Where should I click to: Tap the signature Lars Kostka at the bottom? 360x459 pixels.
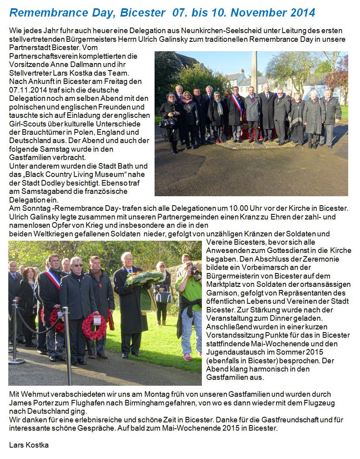28,445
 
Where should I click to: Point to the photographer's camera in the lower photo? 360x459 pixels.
194,271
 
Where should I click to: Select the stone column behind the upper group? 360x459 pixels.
254,71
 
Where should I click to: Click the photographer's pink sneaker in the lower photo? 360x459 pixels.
187,357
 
